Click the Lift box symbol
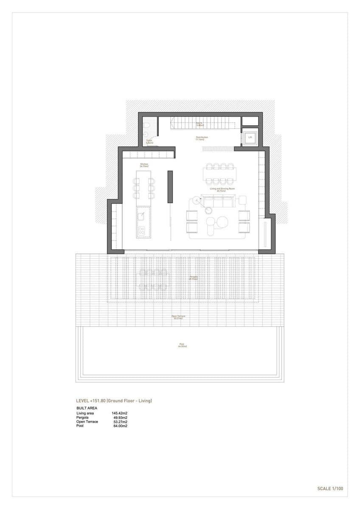click(x=250, y=137)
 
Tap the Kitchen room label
click(x=144, y=165)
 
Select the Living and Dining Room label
click(x=222, y=190)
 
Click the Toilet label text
click(x=149, y=142)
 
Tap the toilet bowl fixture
click(x=146, y=126)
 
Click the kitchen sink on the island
click(x=141, y=216)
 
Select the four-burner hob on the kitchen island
click(x=141, y=231)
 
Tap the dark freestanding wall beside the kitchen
click(x=170, y=187)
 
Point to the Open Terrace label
click(x=178, y=317)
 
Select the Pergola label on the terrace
click(x=194, y=278)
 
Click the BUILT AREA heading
click(x=87, y=408)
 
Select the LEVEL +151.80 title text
click(x=114, y=400)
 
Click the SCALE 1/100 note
click(x=330, y=489)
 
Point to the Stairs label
click(x=199, y=124)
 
